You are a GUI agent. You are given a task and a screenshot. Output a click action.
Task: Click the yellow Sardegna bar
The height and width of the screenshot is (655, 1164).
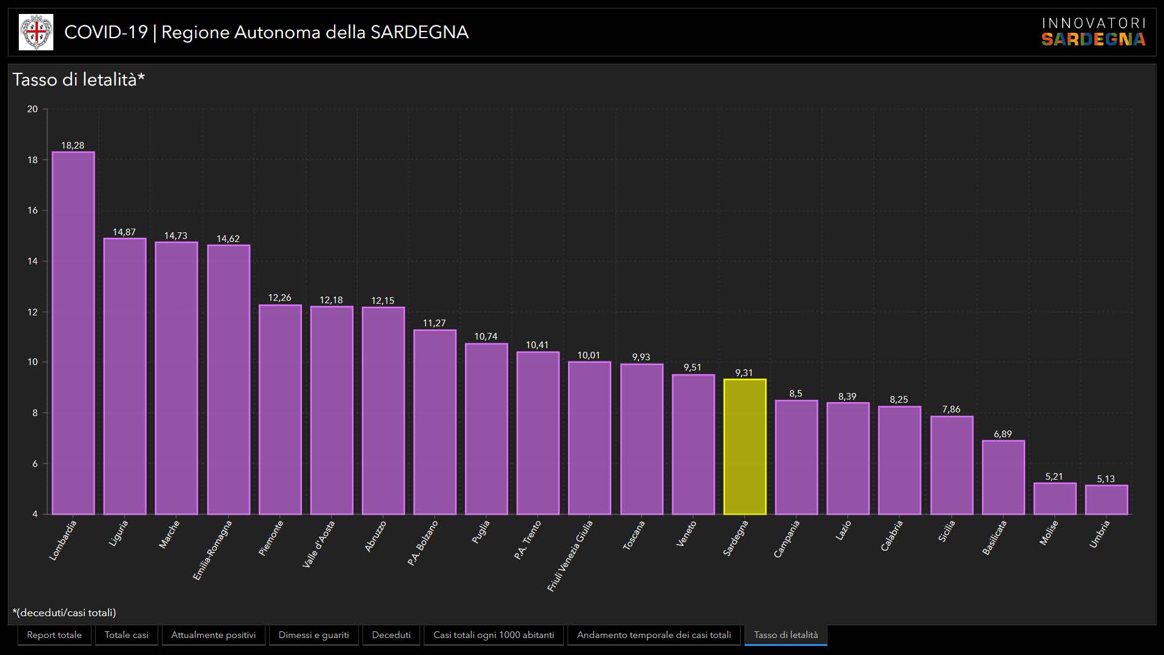(x=744, y=447)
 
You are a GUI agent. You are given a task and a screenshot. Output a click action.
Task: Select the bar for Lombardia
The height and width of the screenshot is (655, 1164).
(x=73, y=333)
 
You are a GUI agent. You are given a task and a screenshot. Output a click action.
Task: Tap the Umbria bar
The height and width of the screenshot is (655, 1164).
(x=1106, y=500)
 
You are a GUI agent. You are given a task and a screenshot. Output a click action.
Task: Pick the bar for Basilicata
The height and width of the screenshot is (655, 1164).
(x=1003, y=477)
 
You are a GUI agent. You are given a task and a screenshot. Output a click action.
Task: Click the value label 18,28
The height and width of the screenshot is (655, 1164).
(x=73, y=146)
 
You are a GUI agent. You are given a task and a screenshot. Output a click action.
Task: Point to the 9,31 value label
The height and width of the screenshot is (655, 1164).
(x=744, y=373)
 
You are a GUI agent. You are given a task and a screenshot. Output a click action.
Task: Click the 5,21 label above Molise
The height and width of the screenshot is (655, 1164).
(x=1054, y=477)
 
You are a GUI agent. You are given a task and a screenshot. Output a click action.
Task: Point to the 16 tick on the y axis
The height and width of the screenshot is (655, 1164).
(x=32, y=210)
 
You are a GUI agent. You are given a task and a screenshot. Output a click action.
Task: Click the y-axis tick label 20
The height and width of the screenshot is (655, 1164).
(x=32, y=109)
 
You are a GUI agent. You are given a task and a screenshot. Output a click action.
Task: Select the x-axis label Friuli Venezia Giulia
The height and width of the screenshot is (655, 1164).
(x=570, y=556)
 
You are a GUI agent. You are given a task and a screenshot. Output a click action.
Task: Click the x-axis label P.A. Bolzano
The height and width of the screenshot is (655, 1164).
(x=423, y=543)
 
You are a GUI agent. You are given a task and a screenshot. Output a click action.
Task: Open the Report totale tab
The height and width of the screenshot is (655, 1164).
(x=54, y=635)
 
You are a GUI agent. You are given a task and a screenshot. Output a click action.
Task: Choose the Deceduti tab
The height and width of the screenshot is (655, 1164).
(x=391, y=635)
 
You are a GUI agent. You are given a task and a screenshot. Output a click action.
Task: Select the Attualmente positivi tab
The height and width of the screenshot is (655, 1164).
(x=213, y=635)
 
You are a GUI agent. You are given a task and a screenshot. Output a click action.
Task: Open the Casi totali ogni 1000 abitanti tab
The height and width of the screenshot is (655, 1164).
(x=493, y=635)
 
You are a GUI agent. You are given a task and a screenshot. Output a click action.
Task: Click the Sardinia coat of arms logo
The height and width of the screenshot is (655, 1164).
(x=36, y=32)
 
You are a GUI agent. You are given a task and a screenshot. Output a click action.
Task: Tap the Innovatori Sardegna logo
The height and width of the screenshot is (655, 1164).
(x=1093, y=32)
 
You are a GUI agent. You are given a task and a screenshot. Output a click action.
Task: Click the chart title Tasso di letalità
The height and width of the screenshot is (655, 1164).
(x=79, y=79)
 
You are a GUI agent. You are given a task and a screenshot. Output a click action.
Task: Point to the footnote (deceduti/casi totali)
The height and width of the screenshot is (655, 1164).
(x=64, y=613)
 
